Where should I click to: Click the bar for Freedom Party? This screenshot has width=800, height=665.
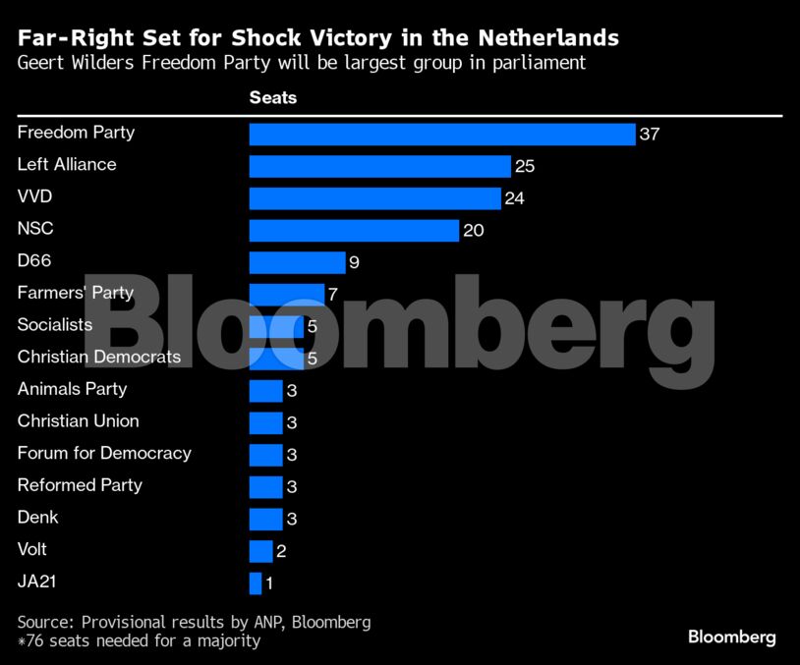pyautogui.click(x=442, y=135)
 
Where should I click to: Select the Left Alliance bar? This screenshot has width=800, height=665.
pyautogui.click(x=379, y=166)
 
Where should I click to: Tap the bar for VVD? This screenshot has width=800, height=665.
pyautogui.click(x=374, y=198)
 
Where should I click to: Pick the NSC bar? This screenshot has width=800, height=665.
pyautogui.click(x=354, y=231)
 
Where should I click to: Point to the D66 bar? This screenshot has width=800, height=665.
pyautogui.click(x=297, y=262)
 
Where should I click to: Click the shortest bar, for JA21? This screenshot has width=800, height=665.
pyautogui.click(x=256, y=583)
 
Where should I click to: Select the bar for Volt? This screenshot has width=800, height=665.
pyautogui.click(x=260, y=551)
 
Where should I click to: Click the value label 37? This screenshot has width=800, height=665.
pyautogui.click(x=649, y=135)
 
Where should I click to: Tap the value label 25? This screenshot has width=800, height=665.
pyautogui.click(x=524, y=167)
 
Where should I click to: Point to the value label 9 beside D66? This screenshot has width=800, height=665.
pyautogui.click(x=355, y=263)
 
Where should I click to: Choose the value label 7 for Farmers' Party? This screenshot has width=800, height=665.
pyautogui.click(x=333, y=295)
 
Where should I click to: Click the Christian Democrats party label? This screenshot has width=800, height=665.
pyautogui.click(x=99, y=357)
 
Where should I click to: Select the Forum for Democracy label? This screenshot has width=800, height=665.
pyautogui.click(x=104, y=453)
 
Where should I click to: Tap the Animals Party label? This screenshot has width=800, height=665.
pyautogui.click(x=72, y=389)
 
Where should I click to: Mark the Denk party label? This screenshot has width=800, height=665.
pyautogui.click(x=38, y=517)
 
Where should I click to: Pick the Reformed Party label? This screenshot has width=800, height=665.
pyautogui.click(x=80, y=485)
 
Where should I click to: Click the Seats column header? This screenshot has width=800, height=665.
pyautogui.click(x=272, y=98)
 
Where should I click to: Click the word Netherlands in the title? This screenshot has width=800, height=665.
pyautogui.click(x=548, y=38)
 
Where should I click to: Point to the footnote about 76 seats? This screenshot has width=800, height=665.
pyautogui.click(x=139, y=641)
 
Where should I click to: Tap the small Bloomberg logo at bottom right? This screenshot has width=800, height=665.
pyautogui.click(x=731, y=637)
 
